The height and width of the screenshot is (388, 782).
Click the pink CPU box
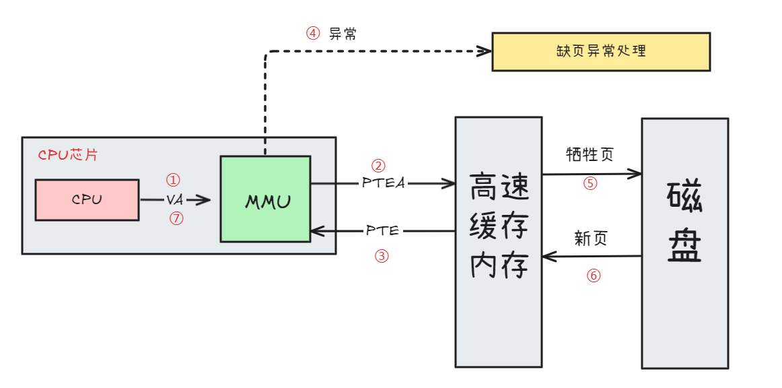[x=87, y=200]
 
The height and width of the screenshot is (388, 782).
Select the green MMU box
[x=265, y=199]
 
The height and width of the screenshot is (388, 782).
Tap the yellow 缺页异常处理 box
[x=601, y=51]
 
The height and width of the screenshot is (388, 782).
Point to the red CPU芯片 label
[x=68, y=154]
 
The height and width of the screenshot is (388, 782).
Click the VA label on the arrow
[x=174, y=200]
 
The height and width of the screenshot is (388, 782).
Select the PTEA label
[x=384, y=183]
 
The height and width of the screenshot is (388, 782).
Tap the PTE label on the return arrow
[x=383, y=231]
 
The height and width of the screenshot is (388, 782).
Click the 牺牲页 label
[x=590, y=155]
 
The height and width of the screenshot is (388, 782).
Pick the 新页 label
[x=591, y=238]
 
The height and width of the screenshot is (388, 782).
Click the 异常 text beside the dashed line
[x=343, y=34]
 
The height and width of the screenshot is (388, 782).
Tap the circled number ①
[x=174, y=180]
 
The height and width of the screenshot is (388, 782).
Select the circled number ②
[x=378, y=165]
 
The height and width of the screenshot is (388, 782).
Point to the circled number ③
[x=381, y=256]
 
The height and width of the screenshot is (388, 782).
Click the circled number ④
[x=313, y=34]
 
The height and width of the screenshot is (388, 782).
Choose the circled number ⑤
[x=590, y=183]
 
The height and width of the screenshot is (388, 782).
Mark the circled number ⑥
[x=593, y=276]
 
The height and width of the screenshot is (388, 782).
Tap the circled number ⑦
[x=176, y=218]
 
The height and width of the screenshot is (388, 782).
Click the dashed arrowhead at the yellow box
[x=485, y=51]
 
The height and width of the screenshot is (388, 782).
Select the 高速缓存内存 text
[x=498, y=226]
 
